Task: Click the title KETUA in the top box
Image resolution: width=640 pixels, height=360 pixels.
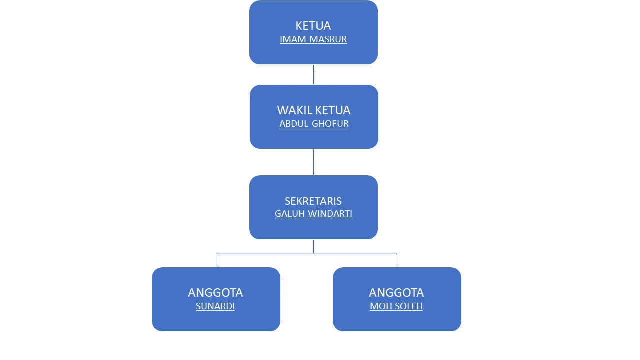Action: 313,26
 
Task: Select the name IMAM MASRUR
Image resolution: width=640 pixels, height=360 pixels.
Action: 313,39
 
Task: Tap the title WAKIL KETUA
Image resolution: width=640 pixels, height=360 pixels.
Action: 314,110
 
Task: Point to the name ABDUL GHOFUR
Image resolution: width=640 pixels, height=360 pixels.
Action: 314,124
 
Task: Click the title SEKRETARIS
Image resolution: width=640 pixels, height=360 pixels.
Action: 313,201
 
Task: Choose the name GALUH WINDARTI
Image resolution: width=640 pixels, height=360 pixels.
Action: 313,214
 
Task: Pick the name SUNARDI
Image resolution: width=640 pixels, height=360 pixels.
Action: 215,306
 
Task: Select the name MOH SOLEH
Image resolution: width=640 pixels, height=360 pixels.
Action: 396,306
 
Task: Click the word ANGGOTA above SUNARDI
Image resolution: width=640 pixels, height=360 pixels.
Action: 215,293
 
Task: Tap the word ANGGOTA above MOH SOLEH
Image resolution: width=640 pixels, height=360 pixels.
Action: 396,293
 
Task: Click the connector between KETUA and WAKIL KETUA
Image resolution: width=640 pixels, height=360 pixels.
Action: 314,75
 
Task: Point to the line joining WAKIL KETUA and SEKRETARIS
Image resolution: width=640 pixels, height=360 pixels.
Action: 313,162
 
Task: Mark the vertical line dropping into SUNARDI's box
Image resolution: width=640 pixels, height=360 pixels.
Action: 216,260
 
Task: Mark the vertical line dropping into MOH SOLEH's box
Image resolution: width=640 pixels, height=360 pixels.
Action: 397,260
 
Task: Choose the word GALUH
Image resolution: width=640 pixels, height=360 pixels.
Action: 286,214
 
